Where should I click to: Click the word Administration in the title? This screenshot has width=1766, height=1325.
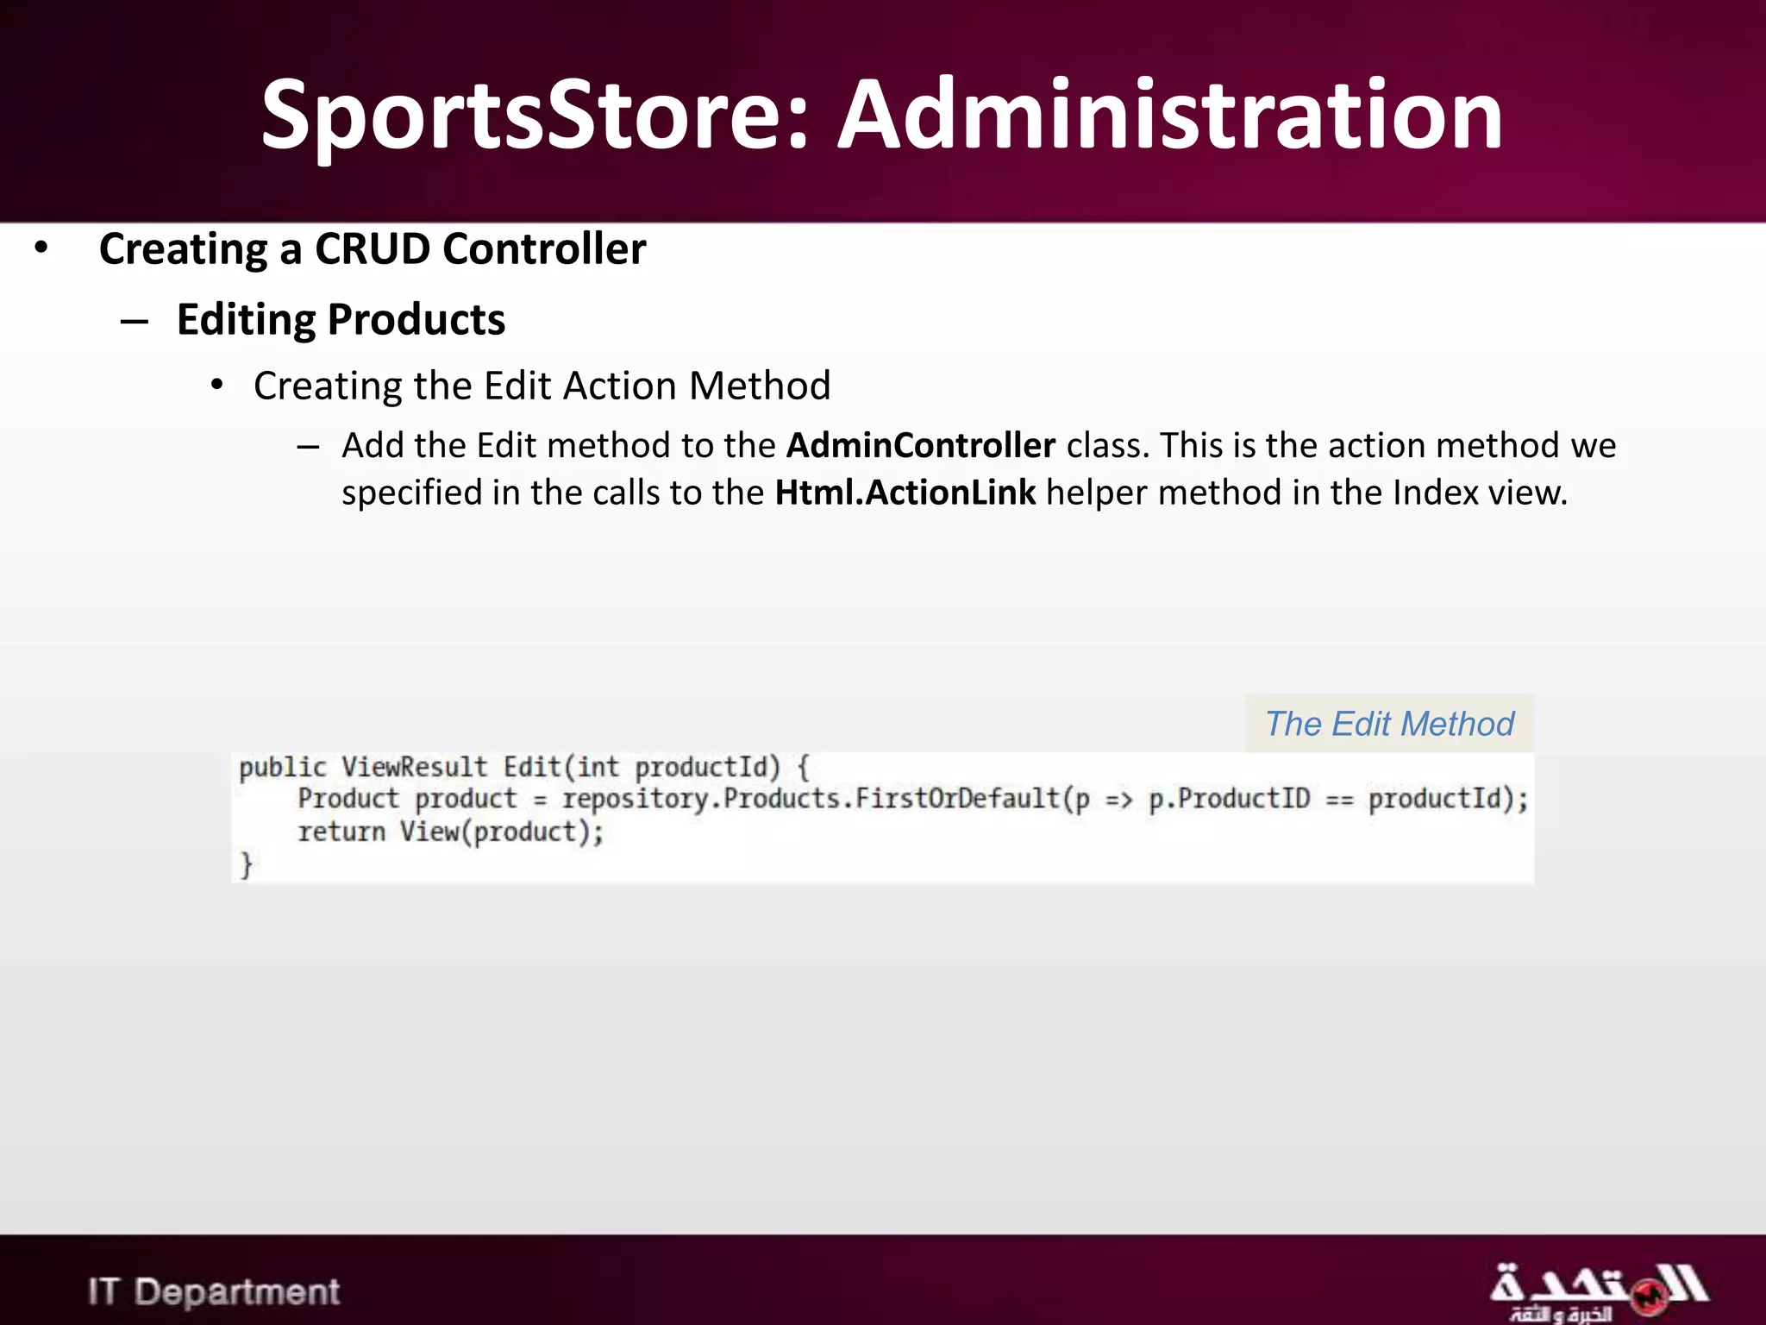tap(1171, 116)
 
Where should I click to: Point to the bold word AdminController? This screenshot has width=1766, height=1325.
tap(921, 446)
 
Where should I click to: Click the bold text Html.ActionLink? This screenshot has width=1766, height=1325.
tap(905, 493)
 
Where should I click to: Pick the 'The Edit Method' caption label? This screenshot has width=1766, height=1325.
tap(1389, 724)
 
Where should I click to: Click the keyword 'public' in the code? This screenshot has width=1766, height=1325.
tap(283, 767)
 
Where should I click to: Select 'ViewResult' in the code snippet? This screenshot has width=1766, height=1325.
tap(414, 767)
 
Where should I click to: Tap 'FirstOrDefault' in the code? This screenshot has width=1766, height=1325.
tap(957, 799)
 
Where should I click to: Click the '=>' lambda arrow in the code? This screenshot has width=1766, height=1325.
tap(1118, 800)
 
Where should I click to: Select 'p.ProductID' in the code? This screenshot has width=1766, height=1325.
tap(1229, 799)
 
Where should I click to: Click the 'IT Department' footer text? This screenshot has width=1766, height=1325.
tap(214, 1292)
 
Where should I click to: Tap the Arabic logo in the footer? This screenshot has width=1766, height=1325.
tap(1597, 1291)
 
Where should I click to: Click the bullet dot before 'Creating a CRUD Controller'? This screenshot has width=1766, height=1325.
tap(41, 248)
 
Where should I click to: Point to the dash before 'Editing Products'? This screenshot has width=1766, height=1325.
tap(135, 322)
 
